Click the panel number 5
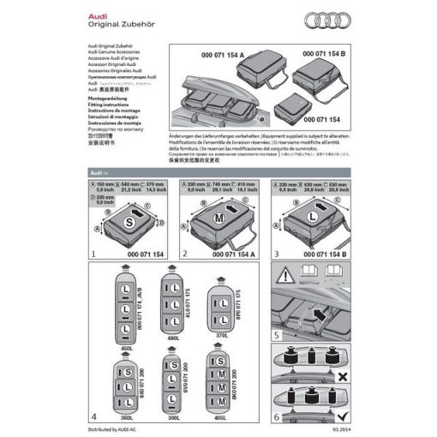pos(276,334)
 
